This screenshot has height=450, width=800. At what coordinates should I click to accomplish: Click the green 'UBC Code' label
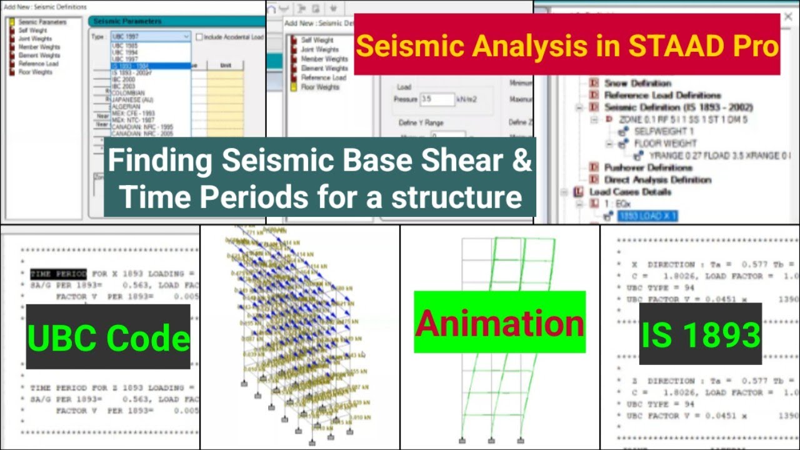click(x=108, y=338)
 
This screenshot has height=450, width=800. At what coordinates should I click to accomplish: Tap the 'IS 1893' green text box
click(x=700, y=335)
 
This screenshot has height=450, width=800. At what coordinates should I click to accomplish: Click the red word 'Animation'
click(x=499, y=323)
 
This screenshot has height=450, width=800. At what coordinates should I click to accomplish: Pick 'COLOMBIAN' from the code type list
click(x=128, y=93)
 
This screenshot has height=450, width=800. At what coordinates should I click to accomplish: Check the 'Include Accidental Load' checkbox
click(x=199, y=37)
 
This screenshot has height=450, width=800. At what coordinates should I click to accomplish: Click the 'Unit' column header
click(x=226, y=65)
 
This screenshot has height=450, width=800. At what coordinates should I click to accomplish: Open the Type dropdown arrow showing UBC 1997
click(x=186, y=37)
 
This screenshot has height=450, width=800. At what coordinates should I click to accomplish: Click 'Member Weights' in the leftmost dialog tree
click(x=39, y=47)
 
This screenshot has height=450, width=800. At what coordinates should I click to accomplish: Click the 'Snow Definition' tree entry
click(x=637, y=83)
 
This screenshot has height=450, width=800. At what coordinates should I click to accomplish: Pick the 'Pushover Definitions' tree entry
click(x=647, y=167)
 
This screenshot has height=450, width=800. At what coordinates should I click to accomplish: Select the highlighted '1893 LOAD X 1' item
click(x=647, y=216)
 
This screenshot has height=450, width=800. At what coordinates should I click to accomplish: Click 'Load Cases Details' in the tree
click(x=630, y=192)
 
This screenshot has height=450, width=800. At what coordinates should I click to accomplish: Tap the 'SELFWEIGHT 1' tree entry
click(x=664, y=132)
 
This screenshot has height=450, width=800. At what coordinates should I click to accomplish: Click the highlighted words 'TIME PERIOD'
click(x=58, y=274)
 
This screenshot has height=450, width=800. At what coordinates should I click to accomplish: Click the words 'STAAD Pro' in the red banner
click(x=713, y=46)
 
